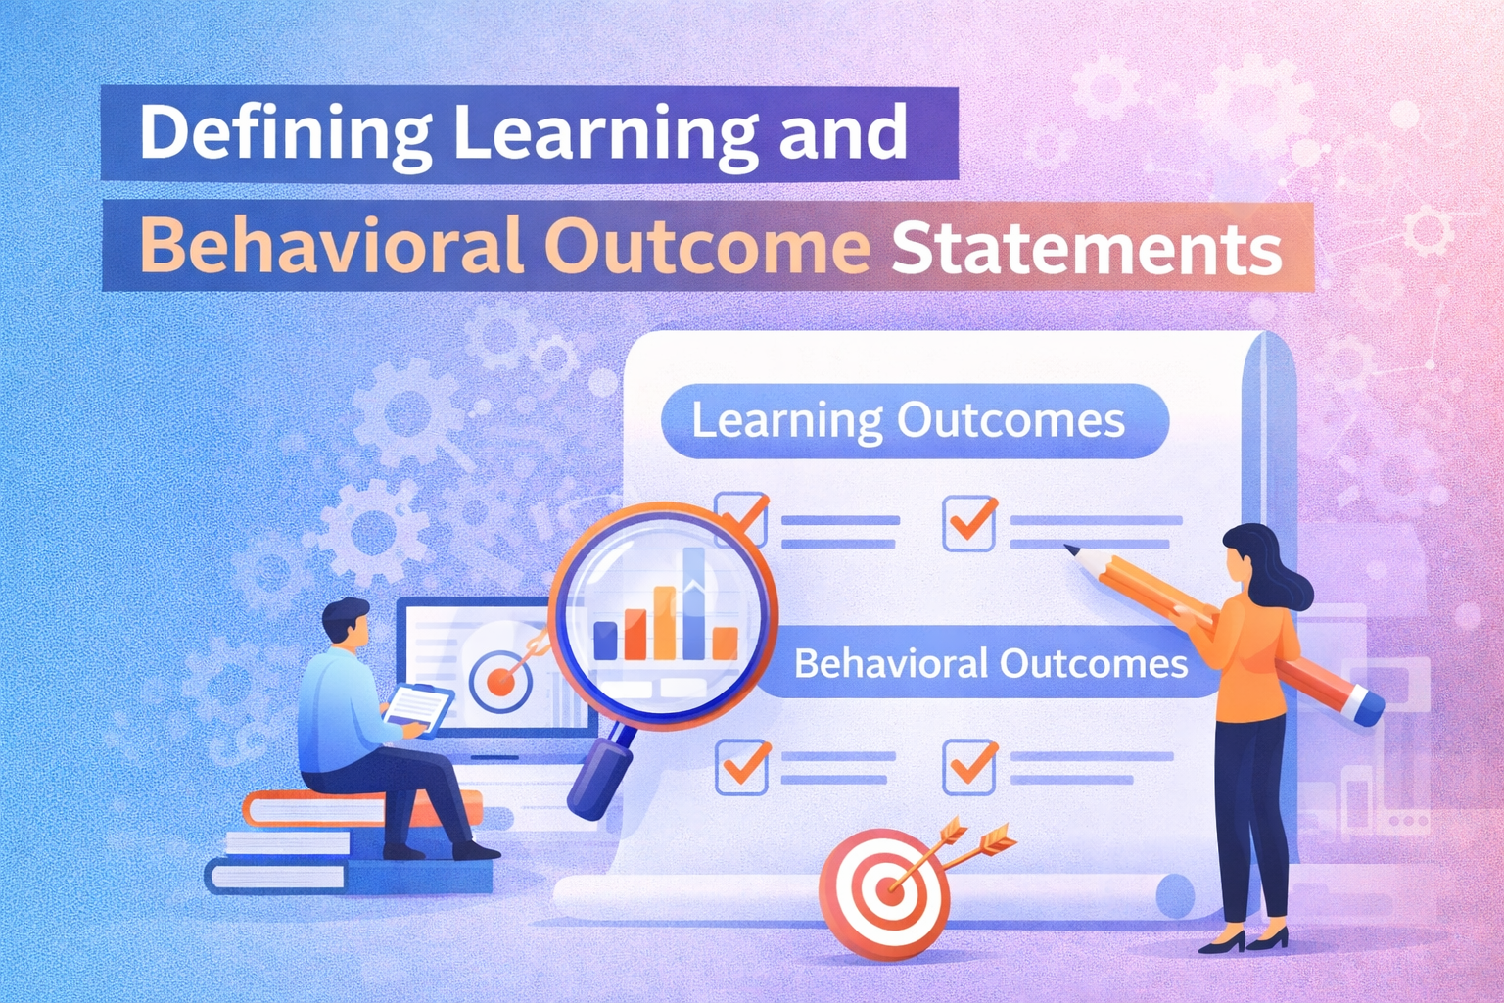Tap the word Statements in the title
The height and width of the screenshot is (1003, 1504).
[x=1086, y=249]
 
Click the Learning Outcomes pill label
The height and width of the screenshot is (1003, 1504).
[x=909, y=421]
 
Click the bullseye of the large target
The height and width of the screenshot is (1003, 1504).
[x=889, y=891]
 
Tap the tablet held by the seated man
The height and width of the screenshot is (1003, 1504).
[x=418, y=706]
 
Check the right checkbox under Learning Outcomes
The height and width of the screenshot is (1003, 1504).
[x=969, y=524]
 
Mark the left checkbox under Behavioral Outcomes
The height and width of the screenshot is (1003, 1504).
[x=742, y=766]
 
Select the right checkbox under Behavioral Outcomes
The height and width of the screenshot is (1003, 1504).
[x=969, y=766]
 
